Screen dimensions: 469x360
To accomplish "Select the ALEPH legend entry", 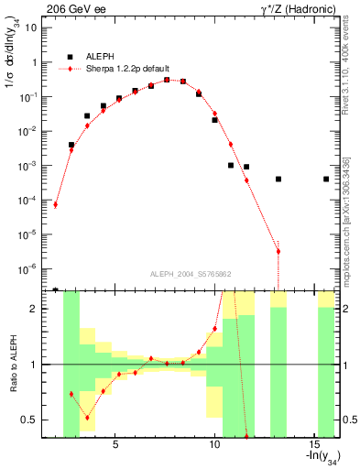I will coord(91,55).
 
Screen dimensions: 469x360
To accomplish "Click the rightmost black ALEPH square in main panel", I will coord(326,179).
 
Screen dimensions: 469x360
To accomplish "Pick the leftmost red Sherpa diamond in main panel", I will coord(56,204).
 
